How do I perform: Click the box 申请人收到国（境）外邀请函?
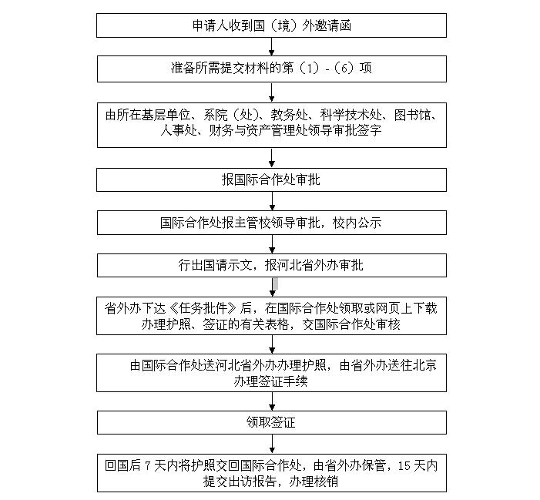point(271,25)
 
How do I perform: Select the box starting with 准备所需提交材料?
point(271,69)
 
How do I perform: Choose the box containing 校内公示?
point(271,223)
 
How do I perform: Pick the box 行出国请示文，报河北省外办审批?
point(271,265)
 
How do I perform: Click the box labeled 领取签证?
point(271,422)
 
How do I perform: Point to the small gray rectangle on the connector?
point(274,286)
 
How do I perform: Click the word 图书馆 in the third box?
point(416,116)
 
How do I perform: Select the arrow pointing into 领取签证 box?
point(271,402)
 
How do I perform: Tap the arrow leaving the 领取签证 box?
point(271,445)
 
